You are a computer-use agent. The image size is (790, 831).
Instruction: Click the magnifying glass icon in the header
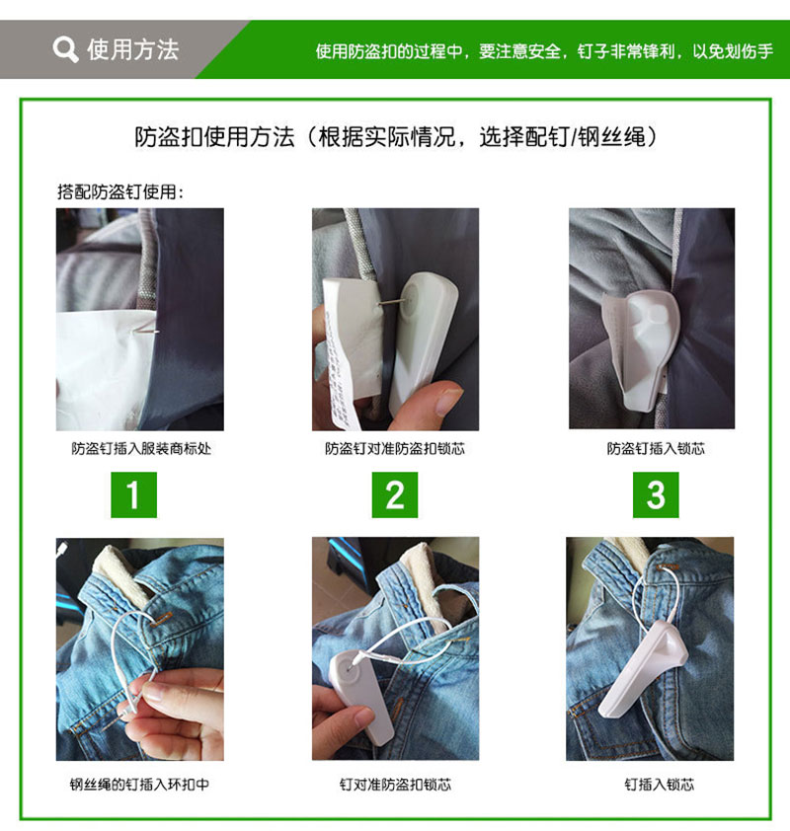pyautogui.click(x=65, y=48)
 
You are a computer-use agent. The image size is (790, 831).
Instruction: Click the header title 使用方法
pyautogui.click(x=133, y=48)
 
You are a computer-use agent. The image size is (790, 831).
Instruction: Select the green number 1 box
pyautogui.click(x=133, y=494)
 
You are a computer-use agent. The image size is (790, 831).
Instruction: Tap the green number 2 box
pyautogui.click(x=395, y=494)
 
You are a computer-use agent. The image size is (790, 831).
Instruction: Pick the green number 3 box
pyautogui.click(x=656, y=494)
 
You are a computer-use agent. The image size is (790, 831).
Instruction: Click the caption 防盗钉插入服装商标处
pyautogui.click(x=141, y=449)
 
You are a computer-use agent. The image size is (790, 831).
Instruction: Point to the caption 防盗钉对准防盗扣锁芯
pyautogui.click(x=395, y=449)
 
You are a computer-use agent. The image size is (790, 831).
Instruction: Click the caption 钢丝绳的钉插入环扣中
pyautogui.click(x=139, y=785)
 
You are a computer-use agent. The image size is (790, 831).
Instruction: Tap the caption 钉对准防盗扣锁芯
pyautogui.click(x=395, y=785)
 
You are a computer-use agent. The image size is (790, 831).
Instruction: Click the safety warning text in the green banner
pyautogui.click(x=544, y=50)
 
